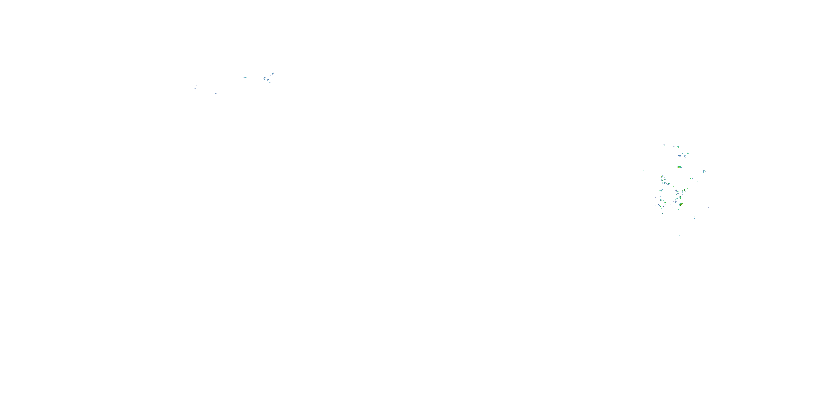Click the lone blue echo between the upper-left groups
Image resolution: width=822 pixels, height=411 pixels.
coord(245,78)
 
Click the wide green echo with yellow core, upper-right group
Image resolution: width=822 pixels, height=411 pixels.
coord(679,167)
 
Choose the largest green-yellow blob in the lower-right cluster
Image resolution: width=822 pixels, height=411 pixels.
coord(681,205)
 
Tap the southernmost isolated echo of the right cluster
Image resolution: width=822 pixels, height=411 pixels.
coord(680,236)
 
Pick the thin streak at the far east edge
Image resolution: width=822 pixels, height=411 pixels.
coord(708,208)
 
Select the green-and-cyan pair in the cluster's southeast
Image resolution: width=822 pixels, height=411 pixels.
coord(695,218)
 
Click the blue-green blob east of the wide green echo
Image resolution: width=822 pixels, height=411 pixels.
coord(704,172)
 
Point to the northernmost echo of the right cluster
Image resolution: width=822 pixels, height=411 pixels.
coord(664,145)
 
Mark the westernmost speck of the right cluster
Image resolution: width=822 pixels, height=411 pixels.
coord(644,170)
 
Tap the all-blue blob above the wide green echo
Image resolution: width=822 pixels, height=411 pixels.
coord(679,156)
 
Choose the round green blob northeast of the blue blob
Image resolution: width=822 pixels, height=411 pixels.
coord(688,153)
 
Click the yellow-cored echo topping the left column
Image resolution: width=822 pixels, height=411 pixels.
coord(662,177)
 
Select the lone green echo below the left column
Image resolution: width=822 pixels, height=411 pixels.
coord(663,213)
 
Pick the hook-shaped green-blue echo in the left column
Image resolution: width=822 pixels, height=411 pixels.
coord(661,190)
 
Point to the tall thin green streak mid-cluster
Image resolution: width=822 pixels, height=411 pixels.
coord(685,190)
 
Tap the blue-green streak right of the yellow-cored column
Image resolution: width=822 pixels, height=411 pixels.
coord(669,184)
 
